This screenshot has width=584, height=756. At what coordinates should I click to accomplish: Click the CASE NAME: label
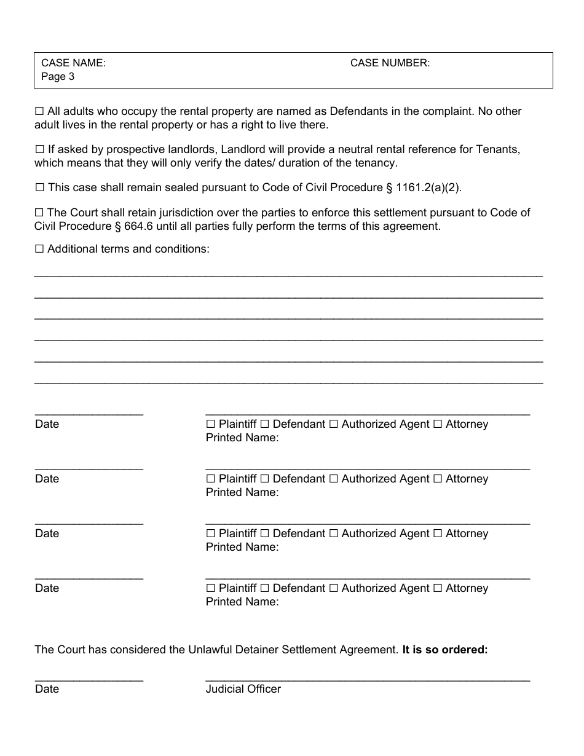pyautogui.click(x=73, y=63)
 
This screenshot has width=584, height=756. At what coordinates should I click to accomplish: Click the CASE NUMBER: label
pyautogui.click(x=390, y=63)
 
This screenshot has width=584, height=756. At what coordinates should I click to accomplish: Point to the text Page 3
pyautogui.click(x=58, y=77)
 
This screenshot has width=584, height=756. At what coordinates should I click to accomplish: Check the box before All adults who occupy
pyautogui.click(x=39, y=112)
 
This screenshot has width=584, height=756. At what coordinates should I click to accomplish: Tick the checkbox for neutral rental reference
pyautogui.click(x=39, y=150)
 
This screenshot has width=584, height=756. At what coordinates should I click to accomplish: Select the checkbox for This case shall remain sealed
pyautogui.click(x=39, y=187)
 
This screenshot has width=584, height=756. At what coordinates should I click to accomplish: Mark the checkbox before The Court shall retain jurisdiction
pyautogui.click(x=39, y=213)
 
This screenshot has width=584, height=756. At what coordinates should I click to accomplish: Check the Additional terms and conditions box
pyautogui.click(x=39, y=250)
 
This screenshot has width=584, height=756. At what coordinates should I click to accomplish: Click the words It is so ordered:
pyautogui.click(x=445, y=649)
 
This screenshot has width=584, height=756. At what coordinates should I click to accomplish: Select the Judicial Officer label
pyautogui.click(x=243, y=689)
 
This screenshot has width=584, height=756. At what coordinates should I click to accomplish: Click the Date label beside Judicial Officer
pyautogui.click(x=47, y=689)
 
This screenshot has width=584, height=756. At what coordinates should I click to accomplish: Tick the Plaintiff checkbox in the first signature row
pyautogui.click(x=211, y=424)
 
